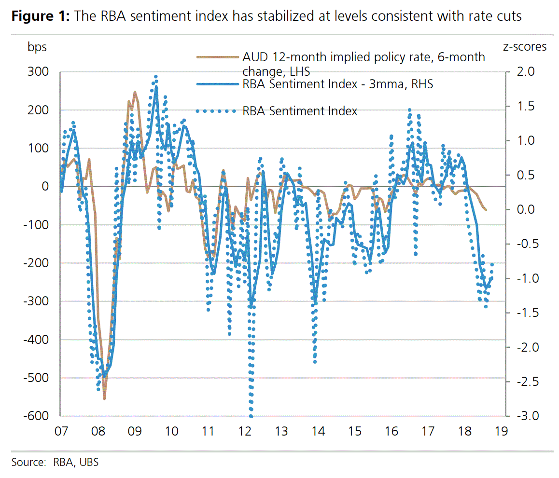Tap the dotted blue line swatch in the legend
(218, 111)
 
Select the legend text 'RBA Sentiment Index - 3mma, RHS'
(338, 84)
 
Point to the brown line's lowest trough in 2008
(104, 399)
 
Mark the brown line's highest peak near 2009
(135, 92)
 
